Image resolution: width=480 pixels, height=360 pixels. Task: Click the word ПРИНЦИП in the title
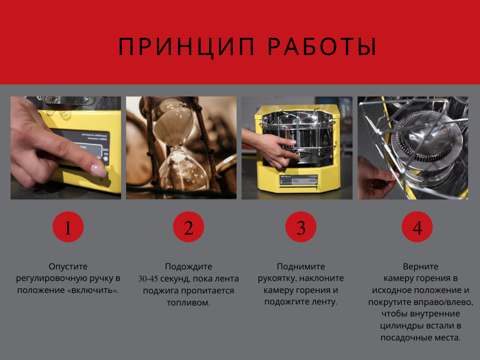point(186,47)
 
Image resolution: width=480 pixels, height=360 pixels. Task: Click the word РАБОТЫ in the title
point(322,47)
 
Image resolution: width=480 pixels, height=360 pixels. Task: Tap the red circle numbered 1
point(68,227)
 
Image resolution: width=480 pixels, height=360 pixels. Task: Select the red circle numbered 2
point(188,227)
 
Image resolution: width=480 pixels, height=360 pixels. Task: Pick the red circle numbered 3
point(301,227)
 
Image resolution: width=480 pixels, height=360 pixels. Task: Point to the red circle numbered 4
point(417,227)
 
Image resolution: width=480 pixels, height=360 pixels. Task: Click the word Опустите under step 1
point(68,266)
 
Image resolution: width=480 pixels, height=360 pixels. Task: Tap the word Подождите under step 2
point(188,266)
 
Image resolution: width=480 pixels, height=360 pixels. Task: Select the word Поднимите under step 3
point(301,266)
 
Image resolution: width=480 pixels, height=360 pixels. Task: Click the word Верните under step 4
point(420,266)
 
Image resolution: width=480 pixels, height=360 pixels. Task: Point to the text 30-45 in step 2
point(148,279)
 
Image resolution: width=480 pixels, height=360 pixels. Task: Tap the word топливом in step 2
point(188,303)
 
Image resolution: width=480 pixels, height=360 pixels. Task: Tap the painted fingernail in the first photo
point(98,170)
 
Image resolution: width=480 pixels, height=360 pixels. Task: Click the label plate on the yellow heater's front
point(298,180)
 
